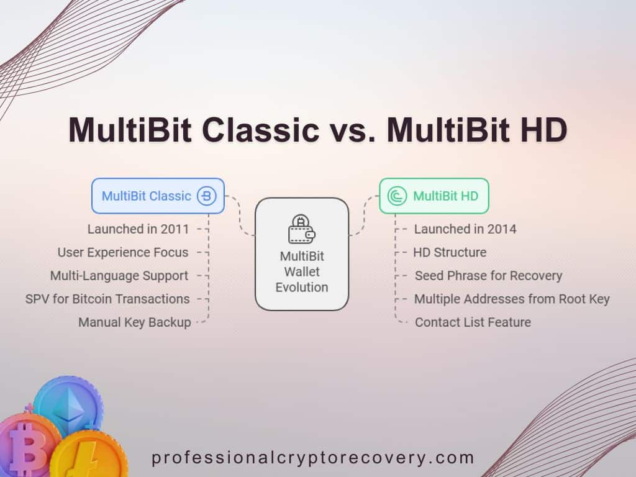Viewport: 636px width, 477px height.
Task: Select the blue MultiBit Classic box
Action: [158, 196]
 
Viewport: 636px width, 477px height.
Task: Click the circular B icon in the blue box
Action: [206, 196]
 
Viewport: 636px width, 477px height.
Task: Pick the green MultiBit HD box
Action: [434, 196]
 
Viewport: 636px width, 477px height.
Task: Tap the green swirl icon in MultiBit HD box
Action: [397, 196]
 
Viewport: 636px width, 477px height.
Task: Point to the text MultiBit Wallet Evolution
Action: [302, 272]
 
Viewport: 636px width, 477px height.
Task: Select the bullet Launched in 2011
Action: [138, 229]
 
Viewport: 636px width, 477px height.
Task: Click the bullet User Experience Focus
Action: [123, 252]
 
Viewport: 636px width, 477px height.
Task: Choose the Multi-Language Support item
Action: [119, 276]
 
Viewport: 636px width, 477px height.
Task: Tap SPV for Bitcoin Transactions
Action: [107, 299]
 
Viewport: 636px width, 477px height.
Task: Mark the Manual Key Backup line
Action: [134, 322]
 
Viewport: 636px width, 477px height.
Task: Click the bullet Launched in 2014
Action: [465, 229]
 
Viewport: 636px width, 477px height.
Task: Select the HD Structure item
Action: [450, 252]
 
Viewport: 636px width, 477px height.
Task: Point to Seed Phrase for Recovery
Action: [488, 276]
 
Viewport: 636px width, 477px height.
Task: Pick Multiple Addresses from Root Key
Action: [512, 299]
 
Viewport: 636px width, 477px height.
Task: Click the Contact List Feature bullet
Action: [473, 322]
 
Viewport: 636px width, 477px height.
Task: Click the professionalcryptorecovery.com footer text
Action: [313, 458]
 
